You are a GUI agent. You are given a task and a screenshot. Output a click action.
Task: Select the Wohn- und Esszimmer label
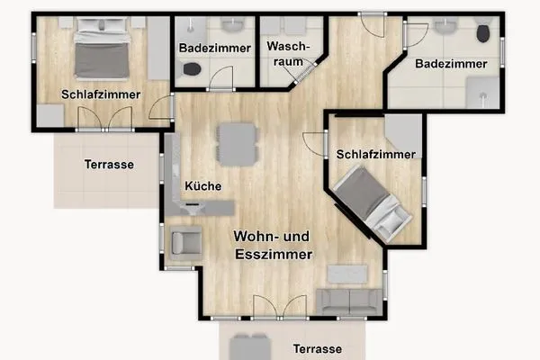pyautogui.click(x=273, y=246)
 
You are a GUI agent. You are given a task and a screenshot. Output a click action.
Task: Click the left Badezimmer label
pyautogui.click(x=208, y=47)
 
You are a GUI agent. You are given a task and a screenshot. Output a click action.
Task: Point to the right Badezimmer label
pyautogui.click(x=451, y=64)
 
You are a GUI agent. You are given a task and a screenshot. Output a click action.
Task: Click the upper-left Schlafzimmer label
pyautogui.click(x=101, y=94)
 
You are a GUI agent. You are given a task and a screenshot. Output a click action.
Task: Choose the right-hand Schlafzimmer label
pyautogui.click(x=377, y=154)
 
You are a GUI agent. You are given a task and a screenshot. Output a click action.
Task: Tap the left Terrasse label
pyautogui.click(x=109, y=165)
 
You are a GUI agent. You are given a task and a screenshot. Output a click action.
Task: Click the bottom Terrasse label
pyautogui.click(x=316, y=348)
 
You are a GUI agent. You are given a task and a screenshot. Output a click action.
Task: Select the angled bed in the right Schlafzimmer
pyautogui.click(x=371, y=202)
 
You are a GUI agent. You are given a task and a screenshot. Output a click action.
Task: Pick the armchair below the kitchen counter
pyautogui.click(x=186, y=242)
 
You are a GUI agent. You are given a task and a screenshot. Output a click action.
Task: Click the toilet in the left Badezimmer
pyautogui.click(x=191, y=68)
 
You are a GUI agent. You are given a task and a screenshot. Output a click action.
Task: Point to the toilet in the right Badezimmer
pyautogui.click(x=484, y=33)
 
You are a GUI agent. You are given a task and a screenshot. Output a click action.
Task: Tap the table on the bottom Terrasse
pyautogui.click(x=248, y=346)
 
